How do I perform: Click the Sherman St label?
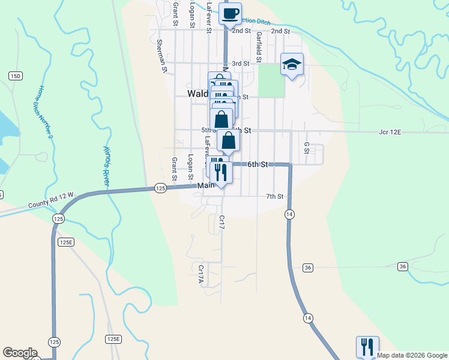pos(160,55)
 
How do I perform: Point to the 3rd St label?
pos(240,63)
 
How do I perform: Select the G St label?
pos(306,148)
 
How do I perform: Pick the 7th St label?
pos(274,196)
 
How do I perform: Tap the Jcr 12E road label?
pos(390,131)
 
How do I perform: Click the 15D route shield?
pos(15,76)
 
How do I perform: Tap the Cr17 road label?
pos(221,223)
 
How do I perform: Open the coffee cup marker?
pos(230,13)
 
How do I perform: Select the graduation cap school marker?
pos(292,64)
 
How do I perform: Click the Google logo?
pos(20,353)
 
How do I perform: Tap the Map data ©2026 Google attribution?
pos(412,355)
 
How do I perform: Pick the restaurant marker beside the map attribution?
pos(367,347)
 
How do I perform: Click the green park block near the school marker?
pos(271,80)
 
